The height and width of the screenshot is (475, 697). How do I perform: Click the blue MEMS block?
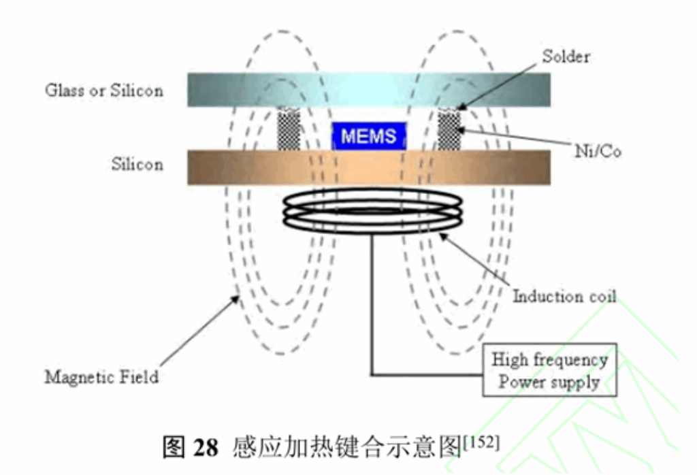[368, 135]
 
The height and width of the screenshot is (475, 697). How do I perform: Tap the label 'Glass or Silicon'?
[104, 90]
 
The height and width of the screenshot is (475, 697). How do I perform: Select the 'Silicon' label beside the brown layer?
[137, 165]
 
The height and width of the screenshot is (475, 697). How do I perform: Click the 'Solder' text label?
[566, 56]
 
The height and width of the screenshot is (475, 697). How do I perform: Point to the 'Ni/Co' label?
[598, 152]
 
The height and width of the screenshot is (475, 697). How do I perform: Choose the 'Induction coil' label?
[564, 296]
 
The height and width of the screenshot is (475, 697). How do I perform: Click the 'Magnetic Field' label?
[101, 376]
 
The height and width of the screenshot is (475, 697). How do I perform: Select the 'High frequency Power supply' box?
[550, 370]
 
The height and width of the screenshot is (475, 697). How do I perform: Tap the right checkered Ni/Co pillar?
[449, 129]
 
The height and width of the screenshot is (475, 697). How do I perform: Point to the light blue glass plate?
[368, 89]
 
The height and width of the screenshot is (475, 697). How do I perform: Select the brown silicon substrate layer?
[368, 167]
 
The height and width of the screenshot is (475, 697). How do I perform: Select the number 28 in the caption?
[206, 448]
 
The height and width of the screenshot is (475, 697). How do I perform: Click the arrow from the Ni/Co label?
[517, 139]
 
